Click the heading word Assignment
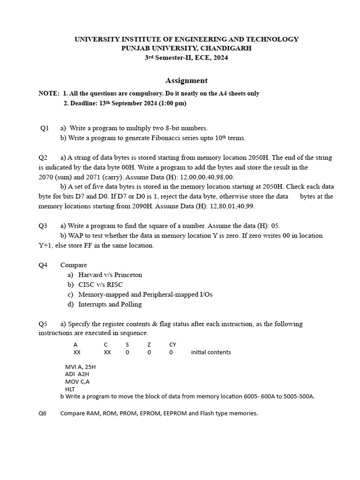187,81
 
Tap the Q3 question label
43,226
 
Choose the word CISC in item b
86,285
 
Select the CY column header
172,345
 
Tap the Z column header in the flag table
149,345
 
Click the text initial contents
211,352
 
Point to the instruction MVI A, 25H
80,367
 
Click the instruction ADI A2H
77,374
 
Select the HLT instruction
69,389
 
